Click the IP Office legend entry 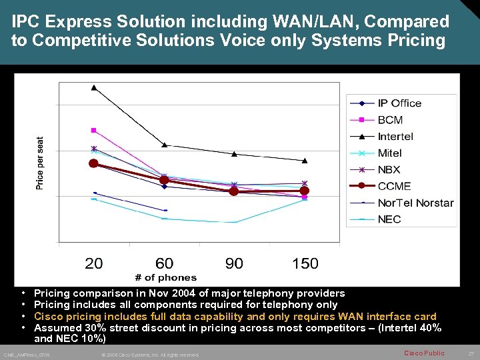[x=399, y=103]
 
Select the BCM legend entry [x=390, y=120]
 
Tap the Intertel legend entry [x=395, y=137]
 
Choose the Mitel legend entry [x=390, y=153]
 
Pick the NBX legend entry [x=389, y=170]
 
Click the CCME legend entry [x=394, y=187]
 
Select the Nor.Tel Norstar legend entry [x=415, y=203]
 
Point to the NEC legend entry [x=389, y=220]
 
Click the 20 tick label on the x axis [x=94, y=263]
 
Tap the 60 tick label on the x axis [x=164, y=263]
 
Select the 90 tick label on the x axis [x=234, y=263]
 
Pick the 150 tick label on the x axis [x=305, y=263]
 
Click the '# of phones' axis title [x=166, y=277]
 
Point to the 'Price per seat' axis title [x=40, y=163]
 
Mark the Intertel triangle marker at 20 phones [x=94, y=87]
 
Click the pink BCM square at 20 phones [x=94, y=130]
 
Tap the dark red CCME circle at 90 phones [x=234, y=191]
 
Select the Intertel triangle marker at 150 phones [x=305, y=161]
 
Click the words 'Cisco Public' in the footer [x=424, y=353]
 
